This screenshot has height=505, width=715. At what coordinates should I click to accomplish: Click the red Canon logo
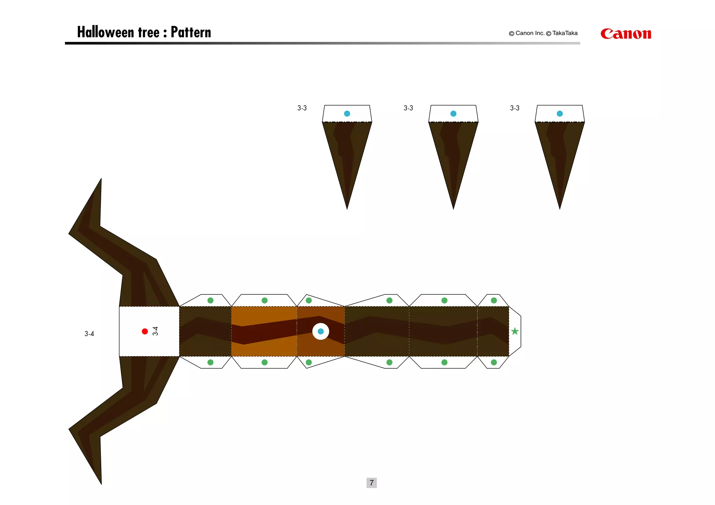point(626,34)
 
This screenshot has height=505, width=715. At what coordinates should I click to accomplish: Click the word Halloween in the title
point(106,32)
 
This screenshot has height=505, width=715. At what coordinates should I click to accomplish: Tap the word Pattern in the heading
point(191,32)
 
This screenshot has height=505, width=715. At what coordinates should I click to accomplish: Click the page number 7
point(371,483)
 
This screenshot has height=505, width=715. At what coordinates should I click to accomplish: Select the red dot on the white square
point(145,331)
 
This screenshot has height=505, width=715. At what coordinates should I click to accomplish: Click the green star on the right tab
point(515,331)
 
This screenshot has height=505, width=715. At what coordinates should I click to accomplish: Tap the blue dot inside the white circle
point(320,331)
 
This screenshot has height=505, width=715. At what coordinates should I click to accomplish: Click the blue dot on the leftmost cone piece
point(347,114)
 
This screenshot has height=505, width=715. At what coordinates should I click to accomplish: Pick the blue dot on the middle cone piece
point(454,114)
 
